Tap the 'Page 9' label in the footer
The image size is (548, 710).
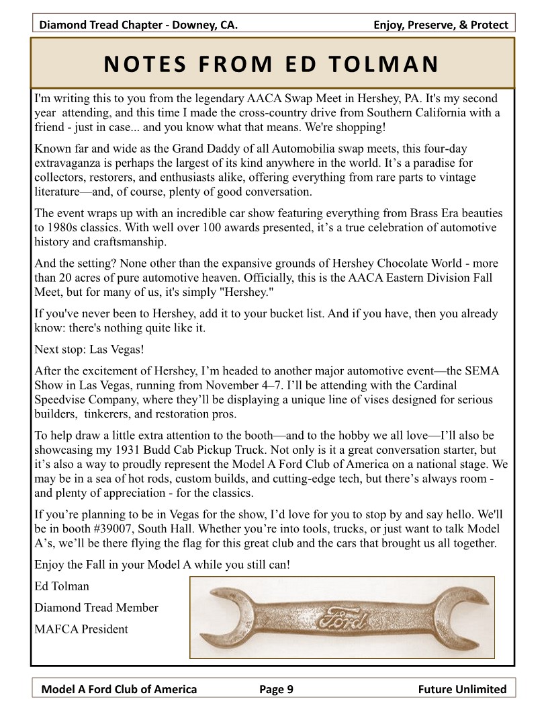point(276,688)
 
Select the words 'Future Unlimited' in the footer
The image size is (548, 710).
point(462,688)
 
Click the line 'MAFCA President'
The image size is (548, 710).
point(81,629)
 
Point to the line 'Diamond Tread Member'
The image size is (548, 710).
point(96,608)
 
